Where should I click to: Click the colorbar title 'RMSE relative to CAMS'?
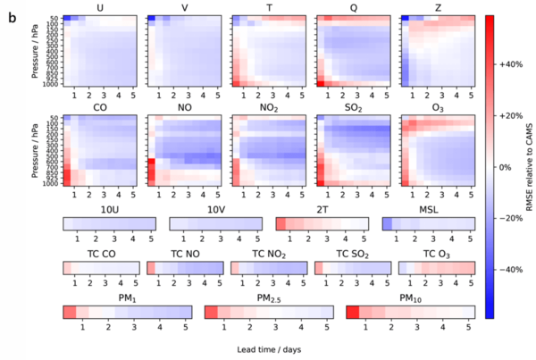[x=531, y=167]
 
